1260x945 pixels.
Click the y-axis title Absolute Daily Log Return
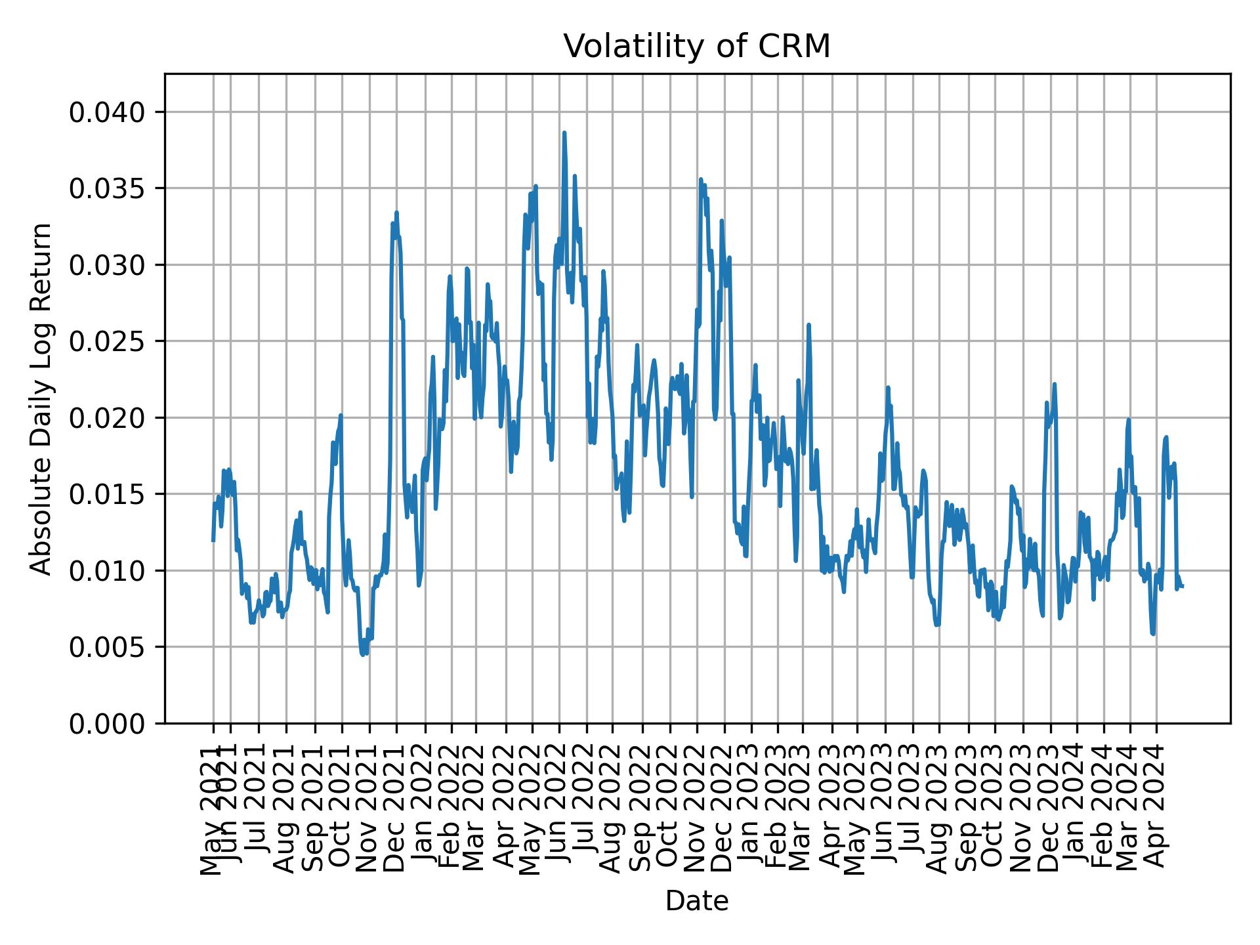[x=42, y=398]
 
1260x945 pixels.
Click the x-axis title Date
[x=697, y=901]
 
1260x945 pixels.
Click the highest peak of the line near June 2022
[x=564, y=133]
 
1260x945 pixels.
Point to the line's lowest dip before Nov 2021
[x=362, y=654]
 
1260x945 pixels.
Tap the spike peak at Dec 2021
[x=396, y=213]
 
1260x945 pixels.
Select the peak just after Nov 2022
[x=700, y=179]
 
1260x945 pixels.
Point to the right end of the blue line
[x=1182, y=586]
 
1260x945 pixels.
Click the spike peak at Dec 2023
[x=1055, y=384]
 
